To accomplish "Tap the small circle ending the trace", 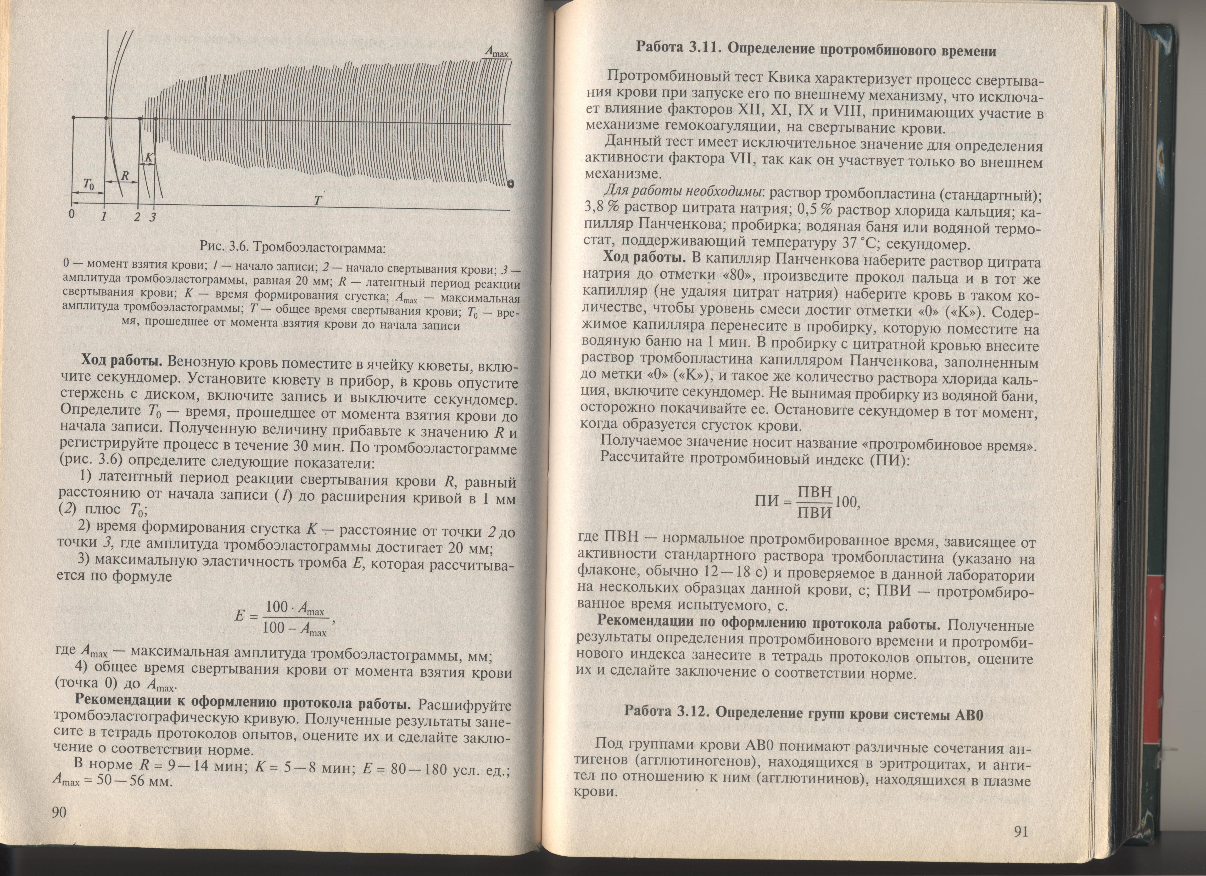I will click(x=510, y=184).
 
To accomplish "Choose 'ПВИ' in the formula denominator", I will click(x=814, y=512).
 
